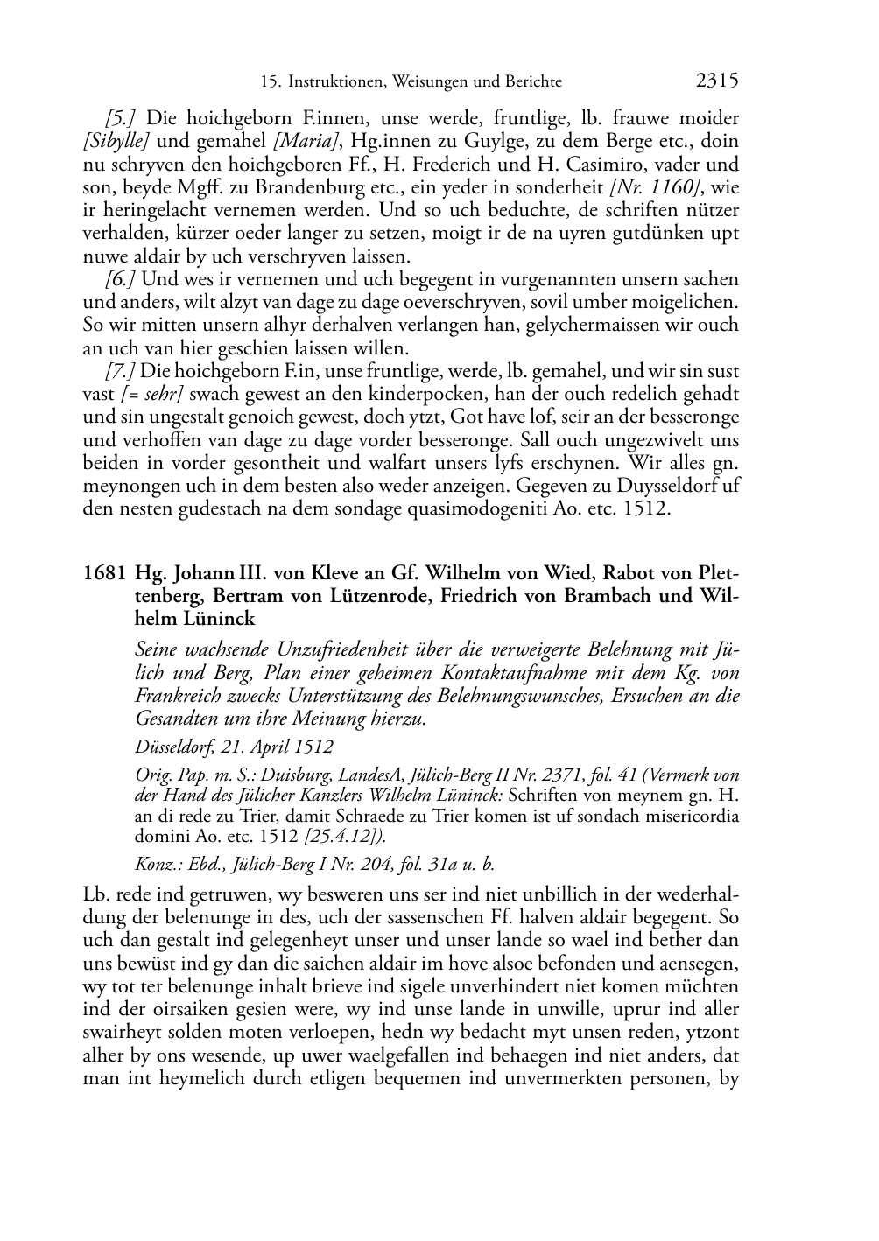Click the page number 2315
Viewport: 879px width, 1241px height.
click(x=717, y=81)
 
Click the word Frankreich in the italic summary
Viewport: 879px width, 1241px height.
click(x=180, y=696)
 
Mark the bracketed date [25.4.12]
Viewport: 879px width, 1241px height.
click(x=343, y=835)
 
